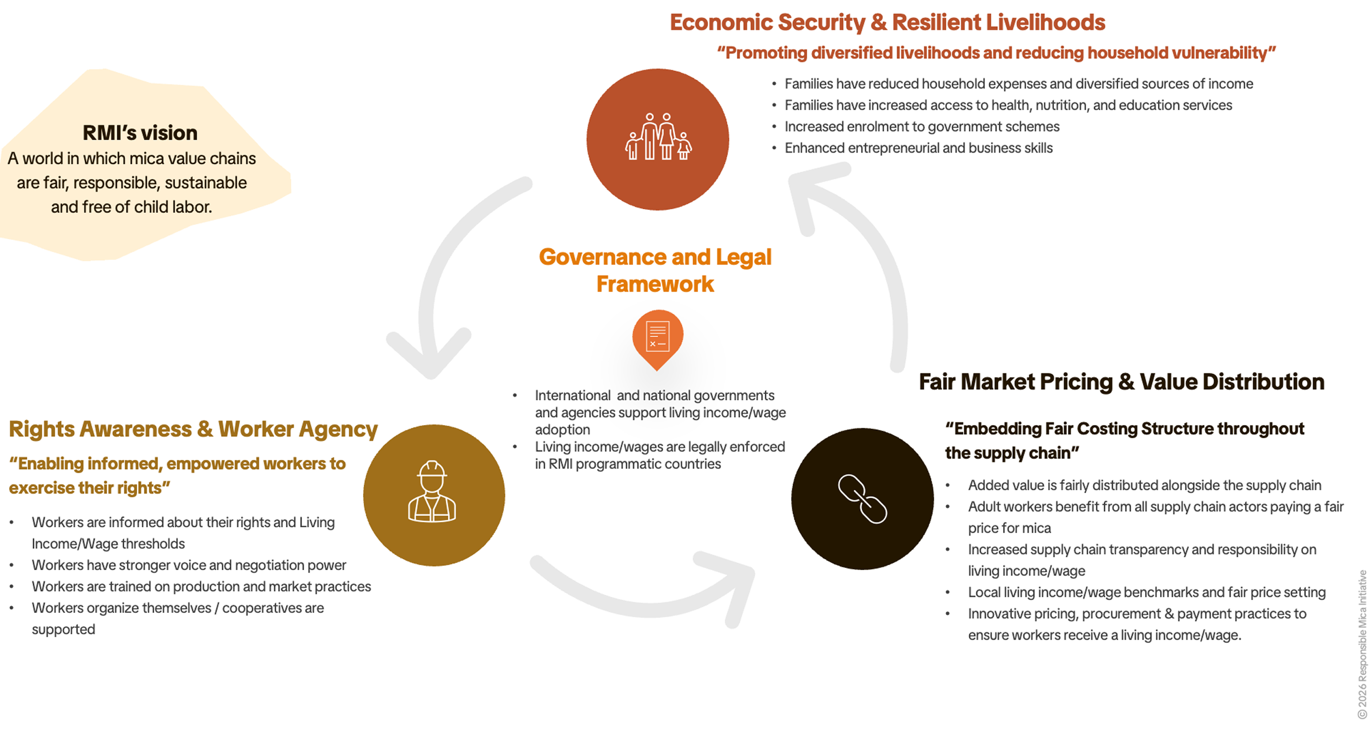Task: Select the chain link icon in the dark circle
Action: (x=862, y=498)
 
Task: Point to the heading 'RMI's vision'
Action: (x=140, y=133)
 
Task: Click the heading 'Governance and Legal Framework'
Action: (x=654, y=270)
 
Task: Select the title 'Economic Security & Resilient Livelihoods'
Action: (x=887, y=22)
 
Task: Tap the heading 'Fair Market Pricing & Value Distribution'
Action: (x=1121, y=382)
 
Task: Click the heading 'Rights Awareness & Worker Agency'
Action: (x=193, y=429)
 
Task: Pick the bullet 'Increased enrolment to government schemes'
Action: (x=921, y=126)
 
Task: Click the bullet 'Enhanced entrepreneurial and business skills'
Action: (x=918, y=148)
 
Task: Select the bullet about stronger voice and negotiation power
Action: (x=189, y=565)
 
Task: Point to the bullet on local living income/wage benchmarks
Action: (x=1146, y=592)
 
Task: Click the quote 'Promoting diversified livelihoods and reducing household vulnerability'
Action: (x=996, y=53)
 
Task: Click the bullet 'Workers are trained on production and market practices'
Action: (x=201, y=586)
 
